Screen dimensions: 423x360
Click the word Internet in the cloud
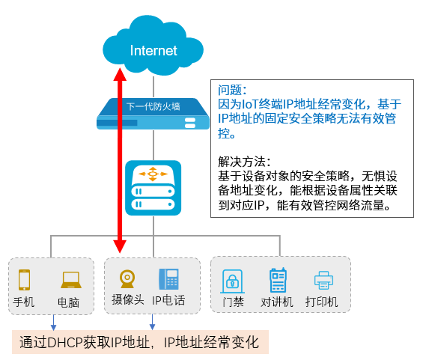click(153, 51)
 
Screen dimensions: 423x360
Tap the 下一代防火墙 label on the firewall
click(153, 106)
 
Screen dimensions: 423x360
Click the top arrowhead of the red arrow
click(120, 74)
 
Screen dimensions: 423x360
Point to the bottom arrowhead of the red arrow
click(120, 246)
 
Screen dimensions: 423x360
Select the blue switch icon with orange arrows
click(153, 188)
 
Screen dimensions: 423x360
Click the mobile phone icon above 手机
click(24, 280)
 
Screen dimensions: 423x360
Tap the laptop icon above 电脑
click(70, 280)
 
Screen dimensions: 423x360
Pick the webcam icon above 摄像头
click(127, 279)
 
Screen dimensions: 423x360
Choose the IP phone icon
click(169, 279)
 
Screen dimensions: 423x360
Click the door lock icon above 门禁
click(232, 281)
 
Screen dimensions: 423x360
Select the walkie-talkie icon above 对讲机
click(278, 280)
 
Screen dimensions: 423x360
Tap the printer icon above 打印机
click(323, 280)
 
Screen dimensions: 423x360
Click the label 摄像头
click(128, 299)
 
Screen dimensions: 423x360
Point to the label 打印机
click(322, 302)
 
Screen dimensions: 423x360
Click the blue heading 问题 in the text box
click(230, 90)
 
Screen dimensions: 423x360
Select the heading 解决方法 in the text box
click(242, 162)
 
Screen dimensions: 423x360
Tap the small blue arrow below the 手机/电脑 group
click(53, 323)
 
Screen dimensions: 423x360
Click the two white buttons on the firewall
click(190, 123)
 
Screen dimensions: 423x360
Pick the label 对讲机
click(277, 302)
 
